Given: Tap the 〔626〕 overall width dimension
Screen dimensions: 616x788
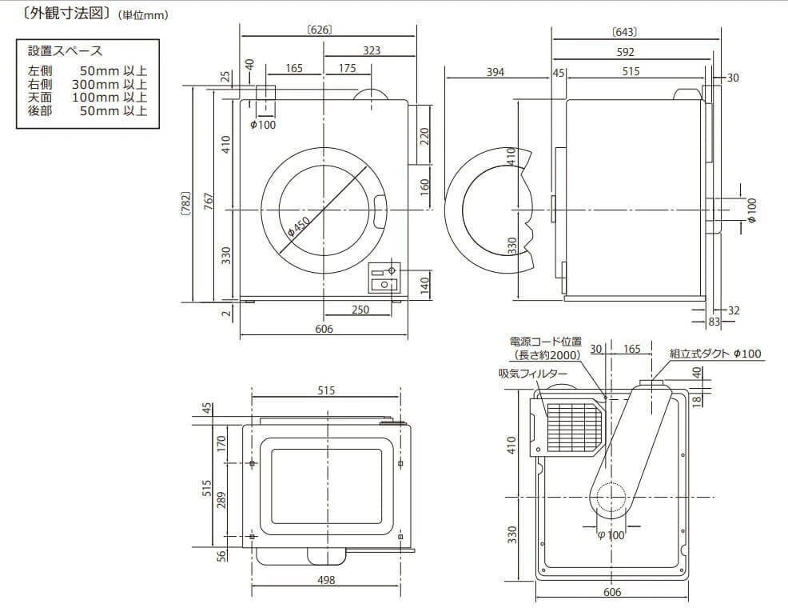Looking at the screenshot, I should (319, 30).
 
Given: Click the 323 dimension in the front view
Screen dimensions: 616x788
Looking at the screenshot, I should (371, 50).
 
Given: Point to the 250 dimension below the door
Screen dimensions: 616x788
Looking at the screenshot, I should (360, 310).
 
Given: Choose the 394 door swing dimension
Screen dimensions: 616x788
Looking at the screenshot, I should (495, 72).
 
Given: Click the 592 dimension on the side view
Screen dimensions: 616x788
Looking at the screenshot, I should (625, 52).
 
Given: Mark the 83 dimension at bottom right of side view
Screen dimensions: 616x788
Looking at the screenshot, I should (714, 322).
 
